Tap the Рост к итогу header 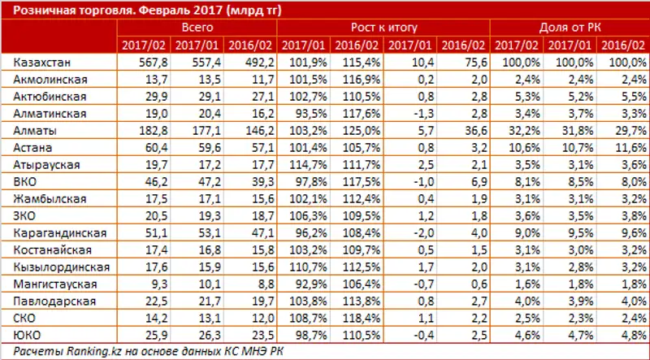pyautogui.click(x=384, y=27)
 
